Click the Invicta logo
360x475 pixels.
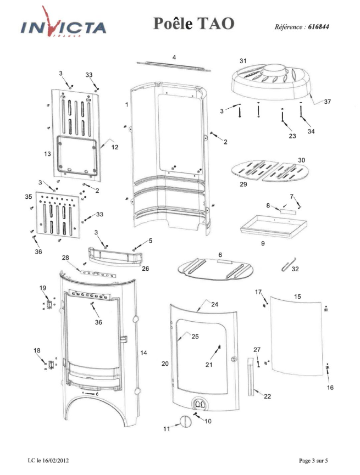(x=63, y=23)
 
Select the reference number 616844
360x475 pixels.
(x=318, y=27)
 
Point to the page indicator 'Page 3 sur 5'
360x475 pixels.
(x=313, y=461)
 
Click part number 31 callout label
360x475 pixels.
(x=243, y=61)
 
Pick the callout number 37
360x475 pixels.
(x=327, y=102)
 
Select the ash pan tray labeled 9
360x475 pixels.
(x=273, y=226)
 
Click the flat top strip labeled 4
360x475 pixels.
(x=174, y=66)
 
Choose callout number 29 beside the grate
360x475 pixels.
(x=243, y=184)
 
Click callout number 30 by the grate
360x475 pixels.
(x=301, y=160)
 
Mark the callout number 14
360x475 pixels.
(x=143, y=353)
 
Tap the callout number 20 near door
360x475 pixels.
(x=165, y=363)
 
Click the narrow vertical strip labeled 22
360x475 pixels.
(x=251, y=377)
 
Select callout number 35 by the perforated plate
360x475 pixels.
(x=28, y=197)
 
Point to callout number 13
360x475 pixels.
(x=47, y=154)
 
